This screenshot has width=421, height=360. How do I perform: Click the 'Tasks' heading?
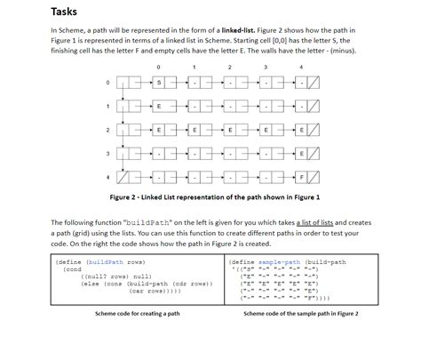point(64,12)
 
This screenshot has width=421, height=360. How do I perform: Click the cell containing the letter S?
point(159,83)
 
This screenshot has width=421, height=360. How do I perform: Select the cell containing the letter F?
point(301,177)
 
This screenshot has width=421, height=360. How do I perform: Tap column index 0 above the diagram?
point(158,67)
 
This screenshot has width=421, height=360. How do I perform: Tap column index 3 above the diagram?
point(265,67)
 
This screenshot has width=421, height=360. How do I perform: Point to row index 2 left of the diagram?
point(107,130)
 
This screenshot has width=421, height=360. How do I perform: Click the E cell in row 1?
point(159,107)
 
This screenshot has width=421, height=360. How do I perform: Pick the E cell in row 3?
point(301,153)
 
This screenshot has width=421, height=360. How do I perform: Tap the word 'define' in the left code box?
point(70,262)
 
